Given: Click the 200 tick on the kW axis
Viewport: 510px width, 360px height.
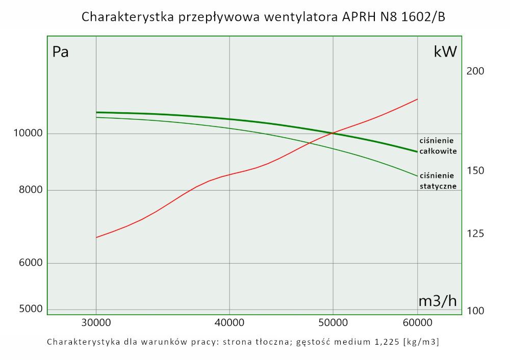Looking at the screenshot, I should pos(475,71).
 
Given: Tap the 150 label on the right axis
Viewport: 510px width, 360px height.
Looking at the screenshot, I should pos(475,170).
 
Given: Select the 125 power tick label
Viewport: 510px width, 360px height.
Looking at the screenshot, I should pos(475,234).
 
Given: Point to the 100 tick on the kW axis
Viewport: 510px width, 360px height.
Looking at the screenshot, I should pos(475,311).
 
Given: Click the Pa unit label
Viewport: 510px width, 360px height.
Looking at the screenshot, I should pos(61,52).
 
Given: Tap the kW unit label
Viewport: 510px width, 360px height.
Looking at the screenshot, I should pos(445,52).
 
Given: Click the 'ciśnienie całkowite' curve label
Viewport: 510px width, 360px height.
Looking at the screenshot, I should pos(438,146).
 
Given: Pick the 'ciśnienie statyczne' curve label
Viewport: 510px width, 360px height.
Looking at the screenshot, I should pos(438,181).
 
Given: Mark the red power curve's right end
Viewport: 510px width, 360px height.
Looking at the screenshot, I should pos(418,99).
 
